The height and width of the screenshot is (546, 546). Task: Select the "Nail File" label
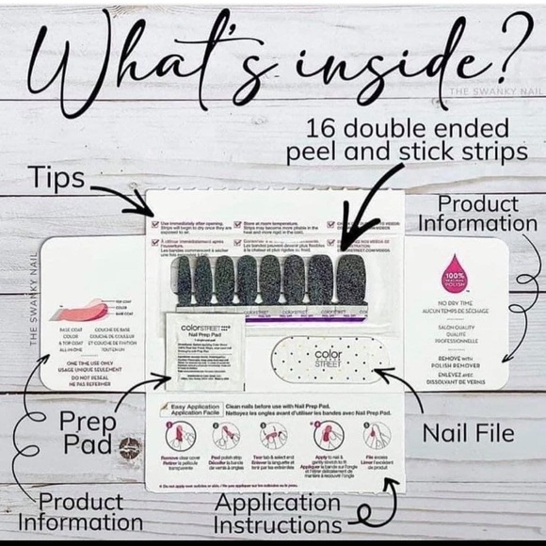[468, 434]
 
